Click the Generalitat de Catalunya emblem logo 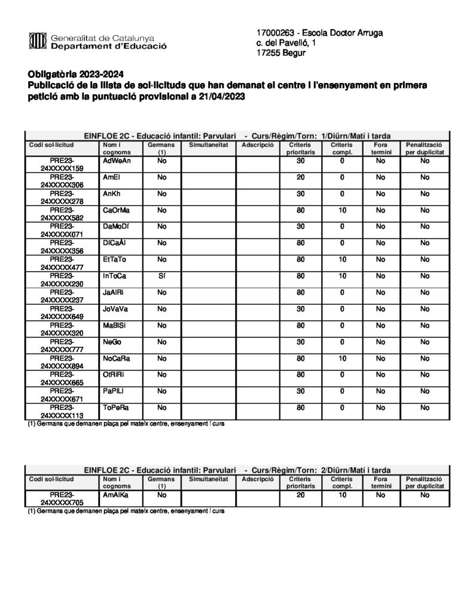[x=37, y=41]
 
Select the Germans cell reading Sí [x=161, y=276]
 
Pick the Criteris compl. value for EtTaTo [x=342, y=259]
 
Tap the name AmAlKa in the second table [x=116, y=495]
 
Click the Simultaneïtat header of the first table [x=208, y=145]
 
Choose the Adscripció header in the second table [x=258, y=479]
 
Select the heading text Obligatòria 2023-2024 [x=75, y=75]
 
